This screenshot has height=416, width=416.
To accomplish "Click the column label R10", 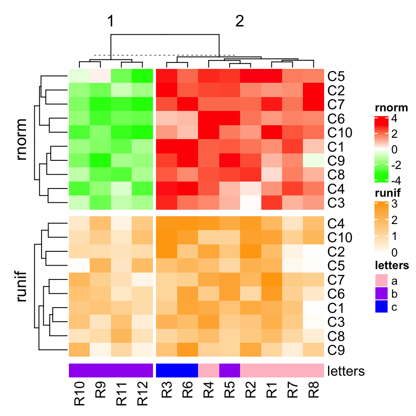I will (x=80, y=393).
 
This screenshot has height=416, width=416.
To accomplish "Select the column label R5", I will (x=230, y=393).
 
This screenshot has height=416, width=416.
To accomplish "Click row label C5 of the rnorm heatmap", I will (x=336, y=77).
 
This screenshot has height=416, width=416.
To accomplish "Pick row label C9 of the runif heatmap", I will (x=336, y=350).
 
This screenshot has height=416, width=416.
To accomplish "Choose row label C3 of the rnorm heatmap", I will (x=336, y=202).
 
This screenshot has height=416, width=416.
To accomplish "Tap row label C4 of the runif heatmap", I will (x=336, y=224).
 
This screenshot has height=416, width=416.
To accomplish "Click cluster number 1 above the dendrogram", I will (x=111, y=22).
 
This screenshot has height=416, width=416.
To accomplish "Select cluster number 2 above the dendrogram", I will (x=240, y=22).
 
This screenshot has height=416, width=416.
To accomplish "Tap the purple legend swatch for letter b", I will (x=383, y=294).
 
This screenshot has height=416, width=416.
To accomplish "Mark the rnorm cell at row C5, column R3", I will (x=166, y=77).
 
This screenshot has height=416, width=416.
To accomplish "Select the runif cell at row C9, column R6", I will (x=187, y=350).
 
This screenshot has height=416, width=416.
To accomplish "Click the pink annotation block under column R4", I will (x=208, y=371).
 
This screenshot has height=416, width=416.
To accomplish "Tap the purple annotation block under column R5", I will (x=230, y=371).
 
